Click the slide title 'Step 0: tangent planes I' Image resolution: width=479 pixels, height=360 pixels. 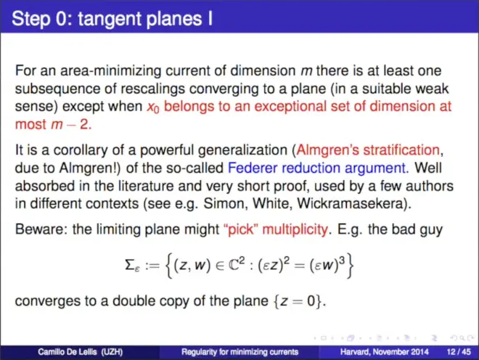[112, 18]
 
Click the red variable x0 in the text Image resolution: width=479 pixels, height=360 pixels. [153, 107]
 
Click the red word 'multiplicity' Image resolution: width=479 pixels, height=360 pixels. [295, 229]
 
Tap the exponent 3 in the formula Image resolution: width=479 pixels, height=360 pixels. [342, 260]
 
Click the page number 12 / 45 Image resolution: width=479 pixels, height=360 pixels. [459, 352]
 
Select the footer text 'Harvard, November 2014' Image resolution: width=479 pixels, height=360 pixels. [384, 352]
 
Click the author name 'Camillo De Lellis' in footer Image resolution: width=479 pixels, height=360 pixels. [67, 352]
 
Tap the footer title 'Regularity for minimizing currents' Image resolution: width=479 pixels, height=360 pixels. [239, 352]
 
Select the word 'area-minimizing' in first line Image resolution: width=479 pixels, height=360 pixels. [110, 71]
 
